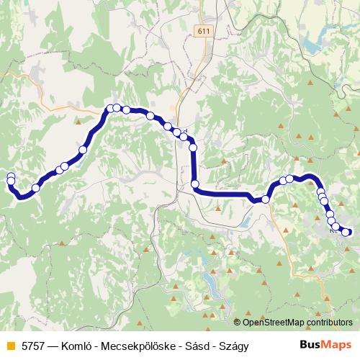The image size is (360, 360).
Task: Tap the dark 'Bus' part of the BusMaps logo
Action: coord(311,346)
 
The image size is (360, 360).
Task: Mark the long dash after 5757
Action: coord(55,346)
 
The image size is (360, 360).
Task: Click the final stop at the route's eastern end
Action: coord(346,232)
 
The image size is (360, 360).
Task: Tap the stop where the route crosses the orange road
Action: coord(266,199)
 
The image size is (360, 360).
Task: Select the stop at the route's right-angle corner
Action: coord(195,185)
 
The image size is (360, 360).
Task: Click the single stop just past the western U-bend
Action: coord(35,188)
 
